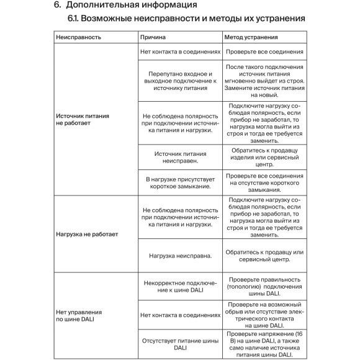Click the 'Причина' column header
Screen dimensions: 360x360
pos(153,37)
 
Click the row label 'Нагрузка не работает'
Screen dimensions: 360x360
pos(78,235)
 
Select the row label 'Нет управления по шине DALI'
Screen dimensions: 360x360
pos(78,316)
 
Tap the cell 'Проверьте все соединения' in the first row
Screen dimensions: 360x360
pos(264,52)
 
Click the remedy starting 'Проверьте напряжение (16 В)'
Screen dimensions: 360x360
pos(264,343)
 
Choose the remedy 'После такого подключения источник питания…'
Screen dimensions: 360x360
pos(264,81)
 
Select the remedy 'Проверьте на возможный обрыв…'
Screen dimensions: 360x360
pos(264,315)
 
